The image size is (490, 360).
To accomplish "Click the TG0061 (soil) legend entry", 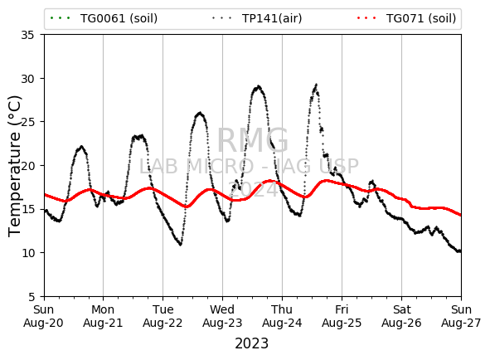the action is tap(104, 18).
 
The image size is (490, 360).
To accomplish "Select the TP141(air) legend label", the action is tap(272, 18).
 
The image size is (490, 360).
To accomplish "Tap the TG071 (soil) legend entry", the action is tap(421, 18).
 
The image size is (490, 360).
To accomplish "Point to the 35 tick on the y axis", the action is tap(27, 35).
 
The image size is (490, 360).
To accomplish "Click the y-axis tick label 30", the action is tap(27, 79).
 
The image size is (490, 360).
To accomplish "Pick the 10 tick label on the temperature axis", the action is tap(27, 253).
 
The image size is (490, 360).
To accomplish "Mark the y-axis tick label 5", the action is tap(31, 296).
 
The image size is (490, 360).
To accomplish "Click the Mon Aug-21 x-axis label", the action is tap(103, 316).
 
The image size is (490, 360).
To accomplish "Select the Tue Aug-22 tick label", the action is tap(163, 316).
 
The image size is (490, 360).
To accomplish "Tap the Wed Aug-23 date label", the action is tap(222, 316).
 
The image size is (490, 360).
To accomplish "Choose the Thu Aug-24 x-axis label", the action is tap(282, 316).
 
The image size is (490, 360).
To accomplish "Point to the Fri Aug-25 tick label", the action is tap(342, 316).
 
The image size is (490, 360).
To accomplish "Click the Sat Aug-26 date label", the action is tap(401, 316).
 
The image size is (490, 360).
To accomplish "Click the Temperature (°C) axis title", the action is tap(14, 166).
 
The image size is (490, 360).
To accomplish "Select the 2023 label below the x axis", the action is tap(251, 343).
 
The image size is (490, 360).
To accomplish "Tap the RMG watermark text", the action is tap(253, 140).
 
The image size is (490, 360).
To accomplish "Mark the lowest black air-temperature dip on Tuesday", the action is tap(180, 245).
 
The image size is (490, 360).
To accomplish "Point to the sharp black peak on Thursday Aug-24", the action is tap(317, 84).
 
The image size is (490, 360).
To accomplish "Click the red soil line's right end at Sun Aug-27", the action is tap(460, 215).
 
